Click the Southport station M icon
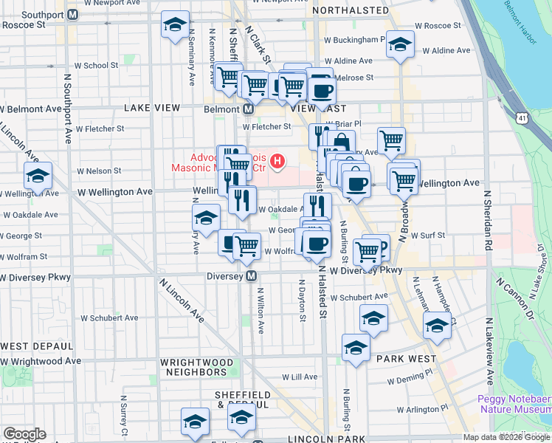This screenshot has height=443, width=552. pos(72,14)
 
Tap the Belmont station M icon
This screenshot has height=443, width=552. pos(249,109)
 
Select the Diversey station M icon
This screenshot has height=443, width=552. pos(252,276)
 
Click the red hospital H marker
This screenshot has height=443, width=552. pos(277,160)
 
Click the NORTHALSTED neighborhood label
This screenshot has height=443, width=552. pos(351,10)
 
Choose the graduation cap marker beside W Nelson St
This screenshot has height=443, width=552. pos(37,176)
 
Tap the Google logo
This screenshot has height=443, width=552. pos(24,434)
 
